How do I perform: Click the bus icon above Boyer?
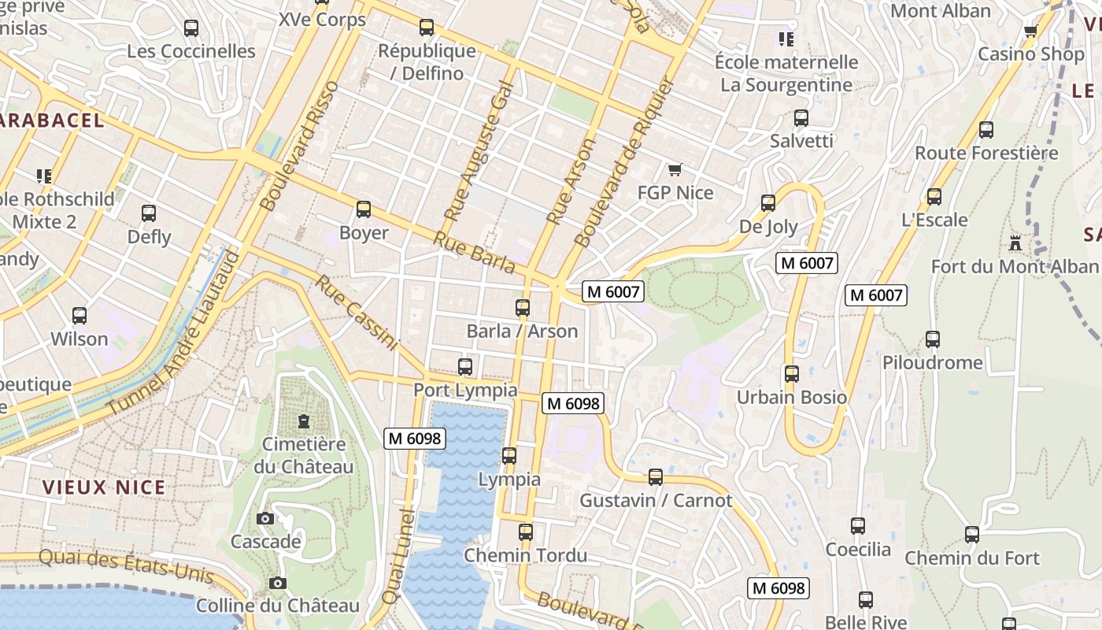point(363,209)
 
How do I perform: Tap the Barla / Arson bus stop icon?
point(523,308)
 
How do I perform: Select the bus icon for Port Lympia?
point(465,367)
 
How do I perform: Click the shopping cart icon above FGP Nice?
point(675,170)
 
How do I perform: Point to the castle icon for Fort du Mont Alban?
point(1015,243)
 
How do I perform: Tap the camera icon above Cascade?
point(265,518)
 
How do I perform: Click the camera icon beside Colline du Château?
point(277,584)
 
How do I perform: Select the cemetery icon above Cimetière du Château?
point(304,421)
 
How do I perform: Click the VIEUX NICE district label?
point(104,487)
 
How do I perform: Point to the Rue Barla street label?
point(475,253)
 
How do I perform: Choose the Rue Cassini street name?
point(357,312)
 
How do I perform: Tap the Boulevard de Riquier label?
point(625,161)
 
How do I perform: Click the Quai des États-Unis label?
point(126,565)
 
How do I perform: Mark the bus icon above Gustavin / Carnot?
point(655,477)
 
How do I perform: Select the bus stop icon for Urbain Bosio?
point(792,374)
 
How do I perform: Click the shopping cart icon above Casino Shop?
point(1030,31)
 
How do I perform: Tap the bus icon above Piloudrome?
point(933,339)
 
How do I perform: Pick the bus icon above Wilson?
point(80,316)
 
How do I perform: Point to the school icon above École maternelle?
point(786,39)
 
